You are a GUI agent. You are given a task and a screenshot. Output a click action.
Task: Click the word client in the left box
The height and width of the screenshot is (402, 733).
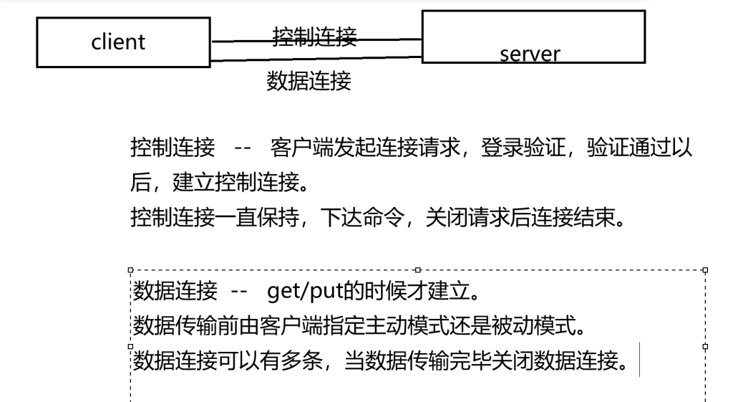click(x=118, y=42)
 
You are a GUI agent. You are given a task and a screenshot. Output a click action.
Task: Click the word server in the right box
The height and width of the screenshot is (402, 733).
click(x=530, y=54)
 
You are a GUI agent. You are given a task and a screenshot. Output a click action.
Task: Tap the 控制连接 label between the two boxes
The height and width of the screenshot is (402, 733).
click(x=315, y=36)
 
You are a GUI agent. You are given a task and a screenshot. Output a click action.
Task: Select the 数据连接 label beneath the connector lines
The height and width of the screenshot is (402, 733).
click(x=309, y=82)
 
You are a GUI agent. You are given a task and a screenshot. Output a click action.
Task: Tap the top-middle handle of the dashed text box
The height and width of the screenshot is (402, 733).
click(x=417, y=270)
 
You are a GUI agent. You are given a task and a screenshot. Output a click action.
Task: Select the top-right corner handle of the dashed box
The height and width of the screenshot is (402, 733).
click(x=706, y=270)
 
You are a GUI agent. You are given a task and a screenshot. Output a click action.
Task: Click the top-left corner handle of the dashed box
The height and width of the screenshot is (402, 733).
click(x=130, y=270)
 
